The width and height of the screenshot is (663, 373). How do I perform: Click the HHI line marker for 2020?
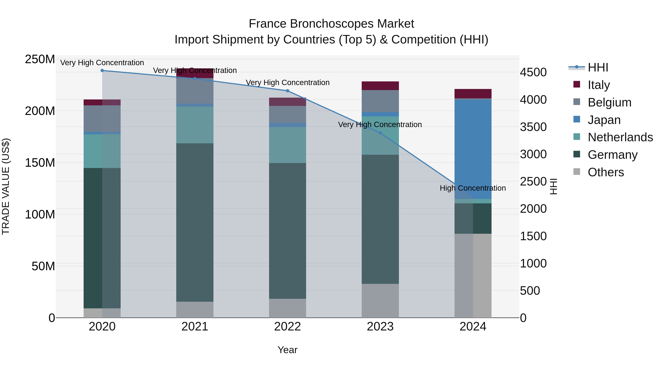[102, 71]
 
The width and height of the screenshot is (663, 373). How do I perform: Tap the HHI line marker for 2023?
[380, 133]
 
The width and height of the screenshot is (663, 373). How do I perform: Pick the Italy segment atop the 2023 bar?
[380, 86]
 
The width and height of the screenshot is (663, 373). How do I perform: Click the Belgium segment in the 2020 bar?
[102, 118]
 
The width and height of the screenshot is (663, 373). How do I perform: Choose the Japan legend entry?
[604, 120]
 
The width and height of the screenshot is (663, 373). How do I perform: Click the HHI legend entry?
[598, 67]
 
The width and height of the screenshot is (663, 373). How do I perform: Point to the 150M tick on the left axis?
[40, 163]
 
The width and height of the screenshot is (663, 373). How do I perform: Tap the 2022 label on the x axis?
[287, 327]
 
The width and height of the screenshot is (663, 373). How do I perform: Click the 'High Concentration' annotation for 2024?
[473, 188]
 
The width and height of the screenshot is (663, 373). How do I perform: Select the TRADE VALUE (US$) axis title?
[6, 186]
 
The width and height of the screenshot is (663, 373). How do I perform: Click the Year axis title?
[287, 350]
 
